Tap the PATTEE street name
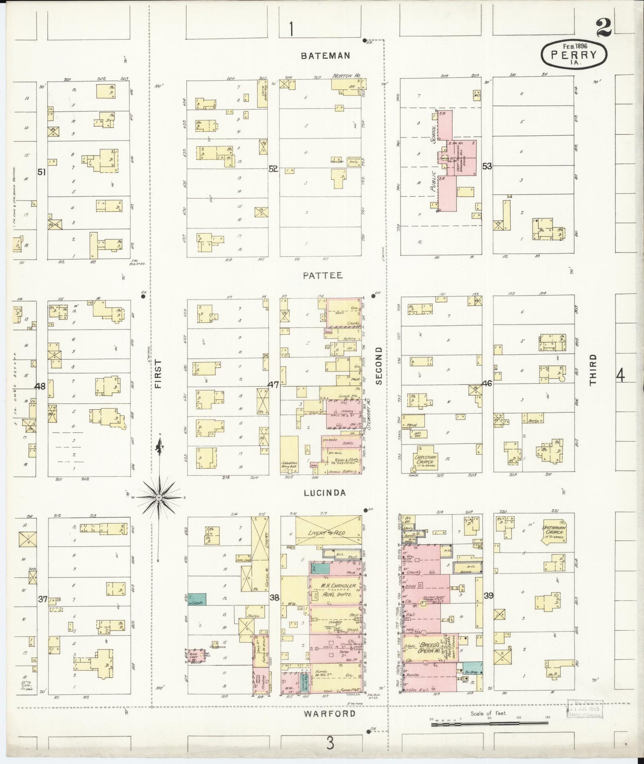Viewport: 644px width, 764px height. tap(323, 275)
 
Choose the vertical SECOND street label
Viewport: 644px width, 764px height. tap(379, 366)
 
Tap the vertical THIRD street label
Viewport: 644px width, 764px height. tap(592, 370)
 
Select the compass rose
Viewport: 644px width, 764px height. tap(159, 497)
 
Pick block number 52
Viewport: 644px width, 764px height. tap(273, 169)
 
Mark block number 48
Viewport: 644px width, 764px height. tap(41, 386)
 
